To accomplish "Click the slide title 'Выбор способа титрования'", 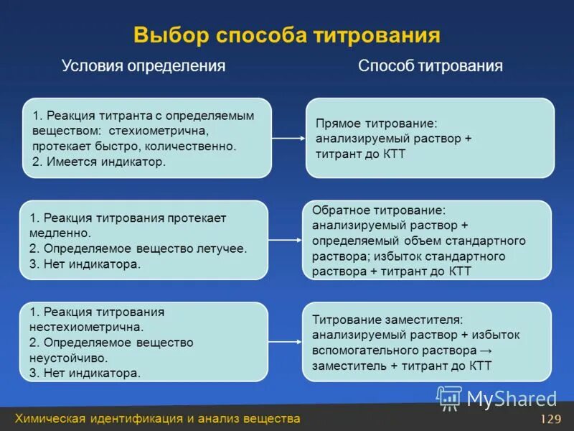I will point(286,35).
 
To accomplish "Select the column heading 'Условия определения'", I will point(143,66).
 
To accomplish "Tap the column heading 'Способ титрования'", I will point(430,66).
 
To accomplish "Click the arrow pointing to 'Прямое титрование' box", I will point(288,138).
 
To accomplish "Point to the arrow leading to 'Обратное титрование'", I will point(287,240).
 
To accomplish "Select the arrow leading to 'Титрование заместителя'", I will point(287,342).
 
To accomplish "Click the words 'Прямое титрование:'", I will point(376,124).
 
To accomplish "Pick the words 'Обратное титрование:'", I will point(379,210).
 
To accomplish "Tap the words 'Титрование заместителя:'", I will point(387,319).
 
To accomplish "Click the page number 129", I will point(550,420).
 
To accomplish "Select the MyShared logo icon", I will point(449,397).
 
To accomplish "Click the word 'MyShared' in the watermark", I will point(512,399).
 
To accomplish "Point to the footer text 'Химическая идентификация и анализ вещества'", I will point(158,419).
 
